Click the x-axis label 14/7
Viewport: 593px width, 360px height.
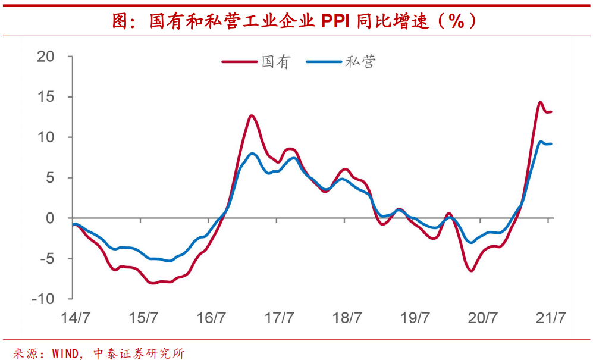(74, 318)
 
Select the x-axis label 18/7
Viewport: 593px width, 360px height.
(348, 318)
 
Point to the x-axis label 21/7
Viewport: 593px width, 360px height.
(550, 318)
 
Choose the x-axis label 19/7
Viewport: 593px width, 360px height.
(415, 318)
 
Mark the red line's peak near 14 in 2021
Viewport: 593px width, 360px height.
(540, 102)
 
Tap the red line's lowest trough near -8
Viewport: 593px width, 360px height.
(153, 283)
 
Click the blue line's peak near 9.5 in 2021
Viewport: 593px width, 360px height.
(541, 142)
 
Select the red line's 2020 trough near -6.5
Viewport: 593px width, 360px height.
(472, 271)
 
